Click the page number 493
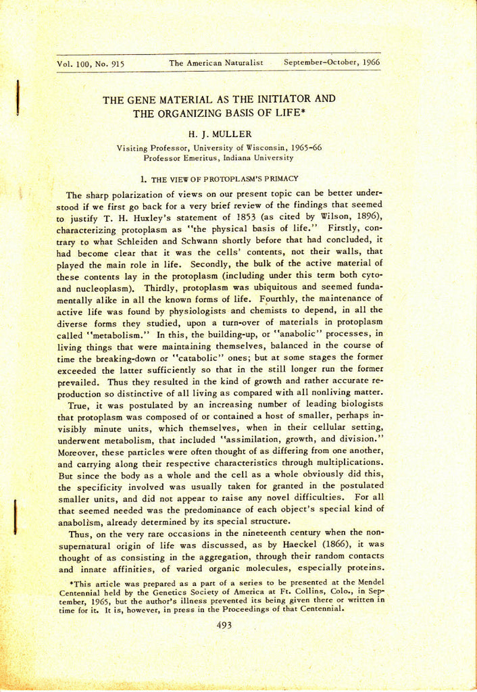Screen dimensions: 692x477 [224, 625]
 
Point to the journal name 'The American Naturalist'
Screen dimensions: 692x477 [216, 63]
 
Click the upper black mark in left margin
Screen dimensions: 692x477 [18, 96]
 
